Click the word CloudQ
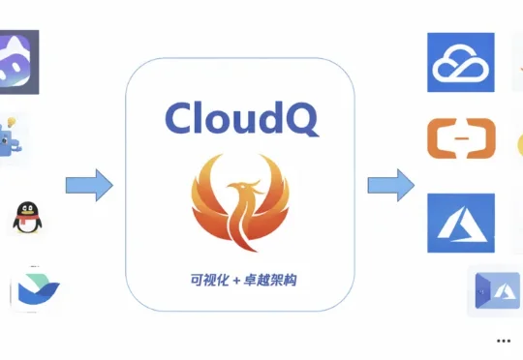click(x=240, y=118)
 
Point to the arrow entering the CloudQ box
click(x=89, y=184)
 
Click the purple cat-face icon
click(x=20, y=63)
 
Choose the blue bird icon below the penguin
click(x=35, y=288)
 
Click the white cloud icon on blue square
click(x=461, y=62)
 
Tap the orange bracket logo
click(x=461, y=137)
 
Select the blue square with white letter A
click(x=461, y=223)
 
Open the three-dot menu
click(x=502, y=341)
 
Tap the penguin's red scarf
click(x=25, y=225)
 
